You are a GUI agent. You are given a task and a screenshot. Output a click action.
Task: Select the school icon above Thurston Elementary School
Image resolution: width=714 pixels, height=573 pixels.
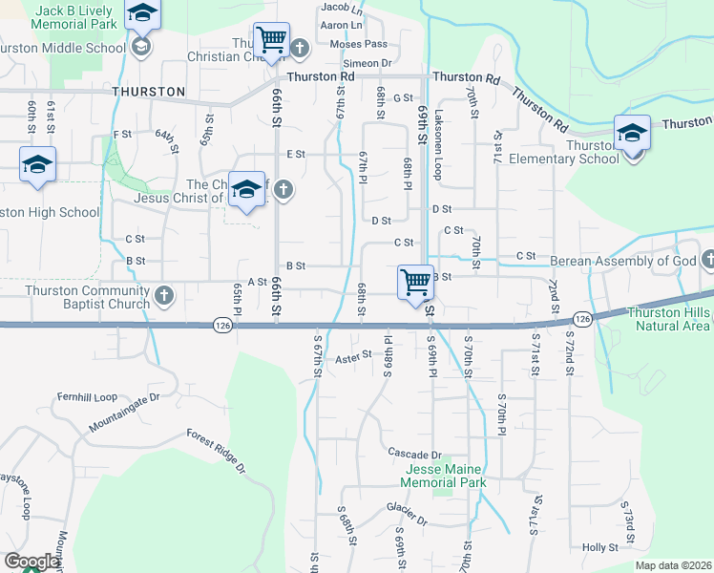632,133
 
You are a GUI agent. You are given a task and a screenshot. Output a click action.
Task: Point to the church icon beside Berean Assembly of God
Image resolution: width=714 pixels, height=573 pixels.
708,260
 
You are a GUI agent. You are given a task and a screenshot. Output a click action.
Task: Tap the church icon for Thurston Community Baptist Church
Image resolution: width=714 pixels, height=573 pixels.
163,295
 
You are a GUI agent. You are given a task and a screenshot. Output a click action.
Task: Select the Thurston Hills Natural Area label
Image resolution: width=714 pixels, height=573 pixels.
669,319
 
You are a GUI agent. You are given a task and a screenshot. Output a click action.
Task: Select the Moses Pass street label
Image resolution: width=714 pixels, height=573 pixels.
358,45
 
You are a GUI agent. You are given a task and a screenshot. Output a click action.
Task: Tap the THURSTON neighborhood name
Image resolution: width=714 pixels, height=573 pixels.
148,92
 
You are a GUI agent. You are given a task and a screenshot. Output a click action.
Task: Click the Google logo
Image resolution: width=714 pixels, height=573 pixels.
31,562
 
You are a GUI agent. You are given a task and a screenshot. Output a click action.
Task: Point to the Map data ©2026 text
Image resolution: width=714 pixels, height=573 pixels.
672,565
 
